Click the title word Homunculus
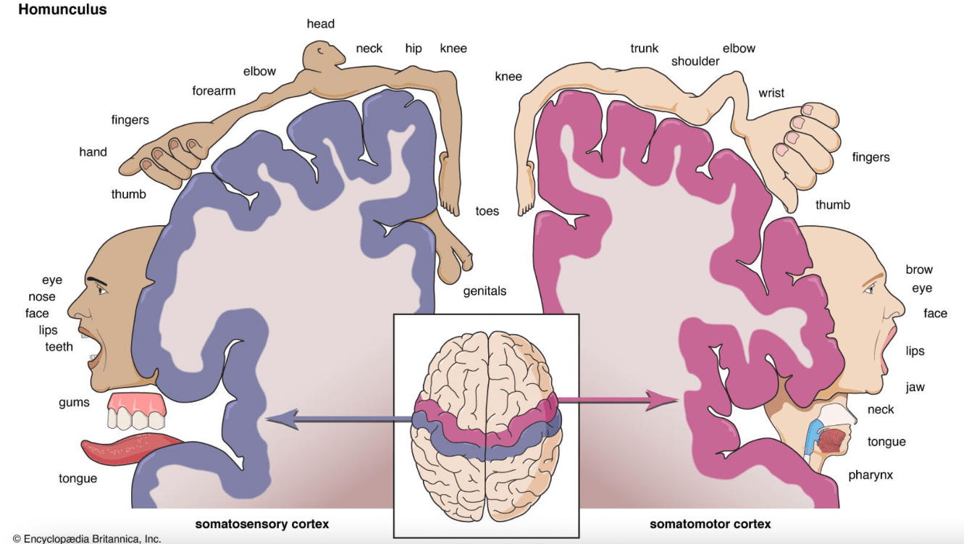tap(62, 9)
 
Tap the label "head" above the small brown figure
tap(321, 24)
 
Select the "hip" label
tap(413, 49)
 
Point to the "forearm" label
tap(214, 91)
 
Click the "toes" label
tap(487, 211)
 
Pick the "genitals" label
tap(485, 291)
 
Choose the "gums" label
tap(74, 403)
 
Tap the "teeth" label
tap(59, 347)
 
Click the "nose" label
tap(42, 297)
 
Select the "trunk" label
tap(645, 49)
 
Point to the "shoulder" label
tap(695, 62)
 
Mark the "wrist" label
tap(771, 93)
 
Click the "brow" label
tap(919, 269)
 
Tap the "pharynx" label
tap(870, 475)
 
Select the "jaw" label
tap(915, 388)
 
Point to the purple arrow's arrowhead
tap(282, 419)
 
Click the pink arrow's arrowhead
tap(662, 401)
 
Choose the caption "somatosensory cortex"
tap(261, 524)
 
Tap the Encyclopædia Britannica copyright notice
tap(87, 539)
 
